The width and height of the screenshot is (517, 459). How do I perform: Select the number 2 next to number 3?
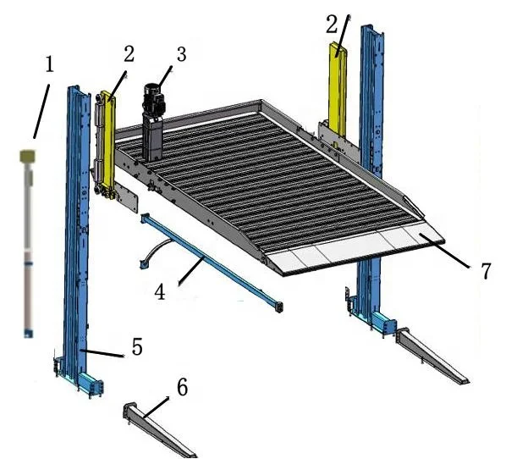(x=128, y=54)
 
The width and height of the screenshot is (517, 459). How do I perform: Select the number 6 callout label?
(x=181, y=387)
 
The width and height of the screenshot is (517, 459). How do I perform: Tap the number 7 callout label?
(x=485, y=271)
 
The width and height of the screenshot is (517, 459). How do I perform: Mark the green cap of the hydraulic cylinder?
(x=29, y=157)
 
